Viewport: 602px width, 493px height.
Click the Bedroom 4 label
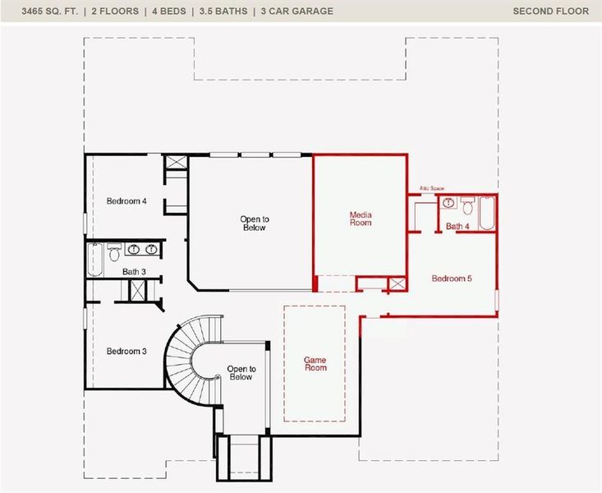pos(126,201)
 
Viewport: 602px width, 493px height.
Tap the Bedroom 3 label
pos(126,352)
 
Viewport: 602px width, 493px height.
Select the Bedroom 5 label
pos(452,279)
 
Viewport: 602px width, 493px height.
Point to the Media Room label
pos(361,219)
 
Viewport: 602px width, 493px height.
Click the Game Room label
pos(315,363)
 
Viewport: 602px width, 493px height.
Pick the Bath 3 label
pos(134,271)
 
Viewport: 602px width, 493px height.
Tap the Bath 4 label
pos(457,226)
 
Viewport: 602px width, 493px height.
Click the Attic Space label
pos(431,189)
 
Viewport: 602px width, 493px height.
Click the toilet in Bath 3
pos(114,251)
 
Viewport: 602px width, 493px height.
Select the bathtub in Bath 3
pos(94,260)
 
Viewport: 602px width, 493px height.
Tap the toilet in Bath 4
pos(466,206)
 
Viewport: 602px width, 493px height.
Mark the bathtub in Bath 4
pos(486,212)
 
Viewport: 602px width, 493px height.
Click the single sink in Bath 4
pos(448,203)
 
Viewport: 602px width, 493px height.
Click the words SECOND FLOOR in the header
pos(550,11)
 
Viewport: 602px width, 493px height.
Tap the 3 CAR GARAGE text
pos(297,11)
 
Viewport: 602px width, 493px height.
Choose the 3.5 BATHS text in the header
pos(223,11)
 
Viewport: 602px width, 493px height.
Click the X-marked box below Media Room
pos(398,284)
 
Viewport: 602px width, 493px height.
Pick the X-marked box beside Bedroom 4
pos(177,162)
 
